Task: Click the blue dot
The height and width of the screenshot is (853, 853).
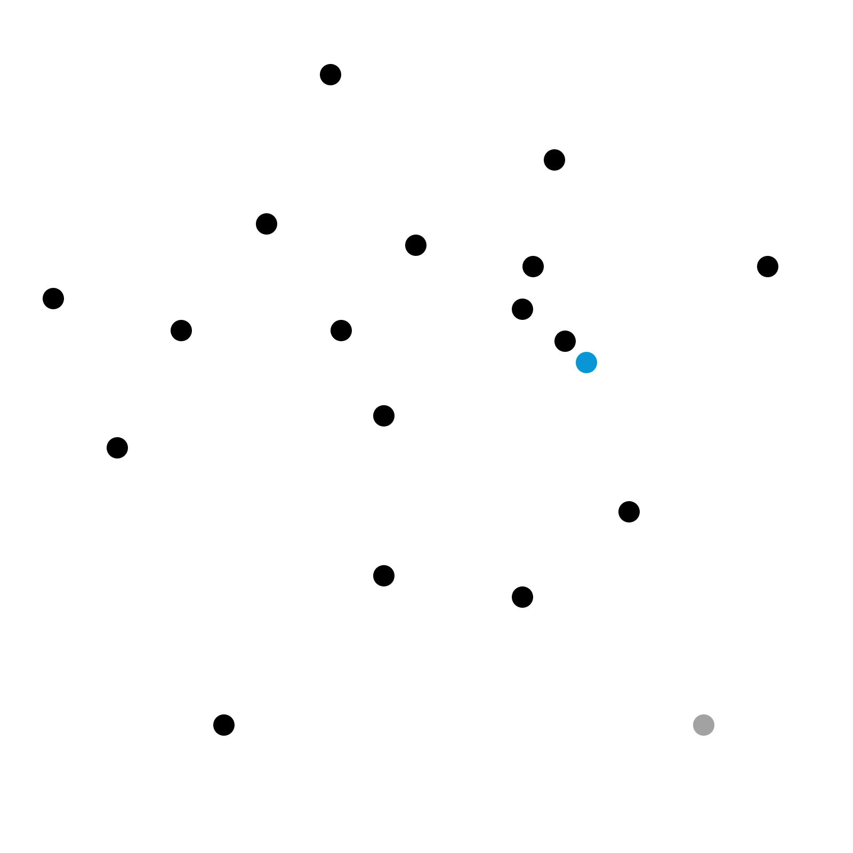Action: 586,363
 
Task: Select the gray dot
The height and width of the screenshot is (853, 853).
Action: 704,725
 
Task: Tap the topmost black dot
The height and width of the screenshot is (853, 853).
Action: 331,75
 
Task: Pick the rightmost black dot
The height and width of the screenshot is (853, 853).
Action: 768,267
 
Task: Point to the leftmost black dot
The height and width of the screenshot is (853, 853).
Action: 53,299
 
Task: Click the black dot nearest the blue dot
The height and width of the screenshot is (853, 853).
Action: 565,341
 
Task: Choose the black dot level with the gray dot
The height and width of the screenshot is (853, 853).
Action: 224,725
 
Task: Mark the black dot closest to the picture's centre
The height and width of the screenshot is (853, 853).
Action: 384,416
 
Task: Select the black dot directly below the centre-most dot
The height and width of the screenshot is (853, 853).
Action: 384,576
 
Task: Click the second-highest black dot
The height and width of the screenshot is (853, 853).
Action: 554,160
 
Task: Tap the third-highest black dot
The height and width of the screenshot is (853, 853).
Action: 267,224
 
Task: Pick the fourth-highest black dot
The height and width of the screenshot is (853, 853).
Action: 416,245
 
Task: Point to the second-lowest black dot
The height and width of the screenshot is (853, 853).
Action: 522,597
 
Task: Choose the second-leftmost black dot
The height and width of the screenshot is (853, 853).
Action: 117,448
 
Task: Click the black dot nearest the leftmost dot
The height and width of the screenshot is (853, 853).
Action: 181,331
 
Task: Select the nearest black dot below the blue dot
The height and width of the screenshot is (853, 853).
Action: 629,512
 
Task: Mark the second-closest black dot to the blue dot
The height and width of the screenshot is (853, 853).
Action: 522,309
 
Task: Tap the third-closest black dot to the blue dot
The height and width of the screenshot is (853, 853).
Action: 533,267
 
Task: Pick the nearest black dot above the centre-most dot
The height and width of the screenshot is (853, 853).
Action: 341,331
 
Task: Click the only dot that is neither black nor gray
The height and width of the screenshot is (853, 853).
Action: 586,363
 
